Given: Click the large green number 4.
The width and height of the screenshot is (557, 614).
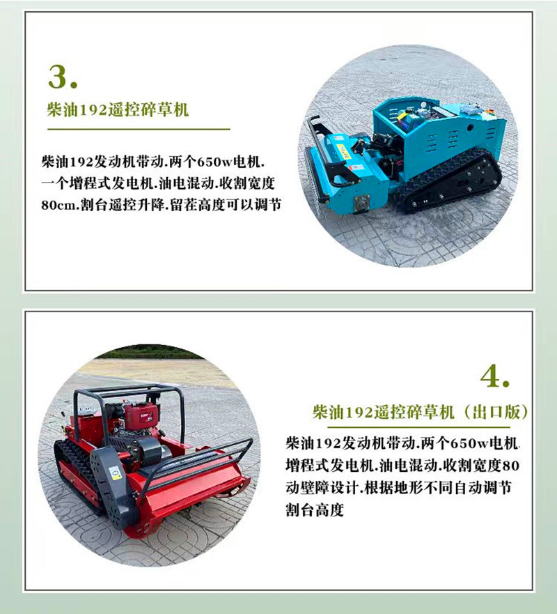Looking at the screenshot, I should (x=496, y=376).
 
